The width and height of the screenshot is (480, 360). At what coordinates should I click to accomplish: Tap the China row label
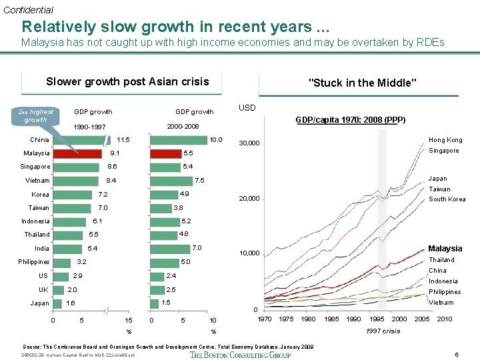click(x=39, y=140)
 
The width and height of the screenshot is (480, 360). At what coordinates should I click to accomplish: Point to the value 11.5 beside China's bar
click(x=123, y=140)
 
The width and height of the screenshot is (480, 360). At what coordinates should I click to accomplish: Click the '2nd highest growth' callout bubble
click(x=36, y=115)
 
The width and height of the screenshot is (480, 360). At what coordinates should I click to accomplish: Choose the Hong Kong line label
click(x=445, y=140)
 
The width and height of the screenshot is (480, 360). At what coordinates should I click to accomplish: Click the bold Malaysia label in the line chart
click(x=445, y=249)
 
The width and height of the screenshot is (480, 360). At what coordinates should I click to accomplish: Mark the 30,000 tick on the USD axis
click(x=251, y=143)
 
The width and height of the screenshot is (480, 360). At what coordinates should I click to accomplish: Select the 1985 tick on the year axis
click(x=331, y=319)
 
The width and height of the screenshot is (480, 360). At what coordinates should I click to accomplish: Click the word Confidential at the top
click(x=28, y=10)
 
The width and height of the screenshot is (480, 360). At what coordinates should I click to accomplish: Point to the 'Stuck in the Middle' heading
click(x=363, y=83)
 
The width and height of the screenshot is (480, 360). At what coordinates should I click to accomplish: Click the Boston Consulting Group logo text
click(x=240, y=355)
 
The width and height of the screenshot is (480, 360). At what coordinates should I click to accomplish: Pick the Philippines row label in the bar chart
click(x=34, y=262)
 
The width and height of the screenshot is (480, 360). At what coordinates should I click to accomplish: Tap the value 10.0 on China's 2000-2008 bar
click(x=215, y=140)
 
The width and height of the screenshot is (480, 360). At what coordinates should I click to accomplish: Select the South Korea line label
click(x=447, y=199)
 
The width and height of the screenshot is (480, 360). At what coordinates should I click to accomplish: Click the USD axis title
click(x=247, y=108)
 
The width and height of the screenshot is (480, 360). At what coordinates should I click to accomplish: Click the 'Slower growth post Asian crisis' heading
click(x=127, y=82)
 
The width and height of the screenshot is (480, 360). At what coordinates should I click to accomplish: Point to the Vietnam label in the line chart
click(x=441, y=303)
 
